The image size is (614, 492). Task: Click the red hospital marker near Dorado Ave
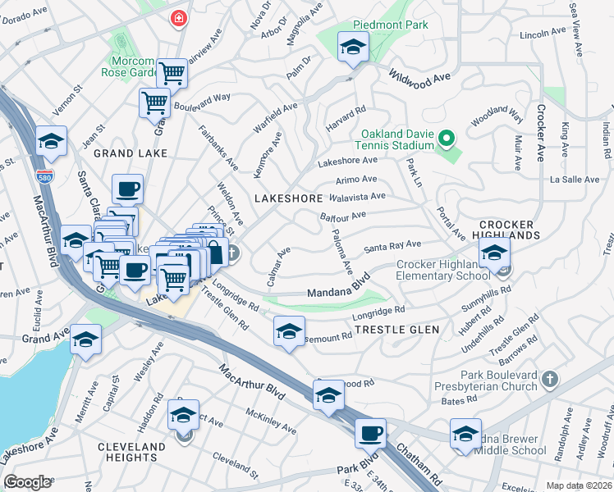pos(176,18)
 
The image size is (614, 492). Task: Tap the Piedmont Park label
pos(391,25)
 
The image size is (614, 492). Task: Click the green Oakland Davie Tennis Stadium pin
pos(446,138)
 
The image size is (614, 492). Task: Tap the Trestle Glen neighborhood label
pos(396,330)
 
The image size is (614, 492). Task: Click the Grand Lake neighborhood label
pos(130,153)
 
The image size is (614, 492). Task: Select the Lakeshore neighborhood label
pos(288,198)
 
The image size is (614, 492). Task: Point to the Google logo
pos(28,482)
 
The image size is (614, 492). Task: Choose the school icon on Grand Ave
pos(85,339)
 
